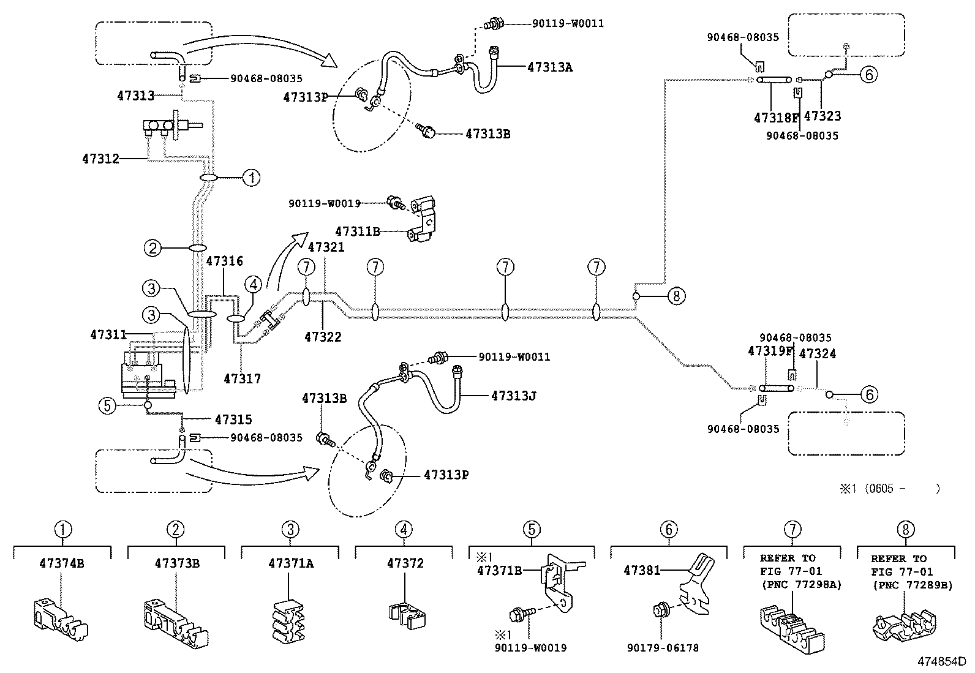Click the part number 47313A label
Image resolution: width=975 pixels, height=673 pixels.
coord(549,67)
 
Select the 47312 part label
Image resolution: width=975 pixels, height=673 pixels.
coord(100,159)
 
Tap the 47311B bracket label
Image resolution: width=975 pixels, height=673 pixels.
coord(357,231)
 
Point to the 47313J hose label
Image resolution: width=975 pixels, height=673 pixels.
coord(513,396)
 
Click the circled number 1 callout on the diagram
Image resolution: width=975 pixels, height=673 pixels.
coord(251,178)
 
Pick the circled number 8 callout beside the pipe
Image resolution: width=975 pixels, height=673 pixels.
coord(676,296)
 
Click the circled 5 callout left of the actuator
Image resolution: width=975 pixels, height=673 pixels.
coord(107,405)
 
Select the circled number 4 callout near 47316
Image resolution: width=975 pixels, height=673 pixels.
coord(254,285)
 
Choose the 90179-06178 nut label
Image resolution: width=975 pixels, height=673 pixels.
coord(663,648)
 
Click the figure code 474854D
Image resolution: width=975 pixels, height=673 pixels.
coord(941,661)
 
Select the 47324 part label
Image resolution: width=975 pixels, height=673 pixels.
coord(818,354)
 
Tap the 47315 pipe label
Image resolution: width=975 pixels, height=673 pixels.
coord(233,420)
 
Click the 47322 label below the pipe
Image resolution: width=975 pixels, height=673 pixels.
coord(323,337)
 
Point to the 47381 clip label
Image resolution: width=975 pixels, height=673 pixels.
coord(642,571)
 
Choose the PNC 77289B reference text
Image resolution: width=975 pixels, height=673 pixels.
coord(913,585)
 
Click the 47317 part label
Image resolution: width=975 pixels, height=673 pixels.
coord(242,379)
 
